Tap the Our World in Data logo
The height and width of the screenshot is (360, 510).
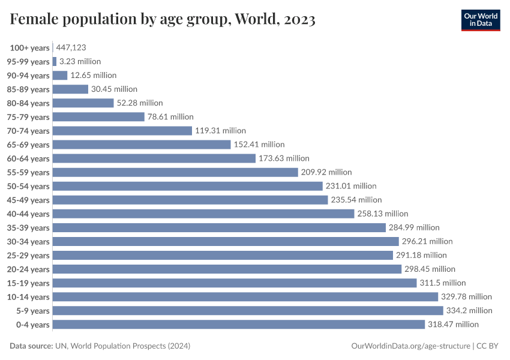pos(480,20)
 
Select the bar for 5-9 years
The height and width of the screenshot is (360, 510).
pos(248,310)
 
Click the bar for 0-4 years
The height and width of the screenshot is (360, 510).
pos(239,324)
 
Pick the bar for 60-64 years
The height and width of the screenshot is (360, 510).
pos(154,158)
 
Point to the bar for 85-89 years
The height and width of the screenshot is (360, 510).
pos(70,89)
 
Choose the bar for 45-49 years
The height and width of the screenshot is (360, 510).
pos(190,200)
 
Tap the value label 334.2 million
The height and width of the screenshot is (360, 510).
pos(469,310)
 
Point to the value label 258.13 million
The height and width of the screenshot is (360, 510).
pos(383,214)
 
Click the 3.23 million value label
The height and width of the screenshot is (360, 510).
pos(80,61)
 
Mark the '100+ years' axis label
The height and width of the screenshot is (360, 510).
pos(29,47)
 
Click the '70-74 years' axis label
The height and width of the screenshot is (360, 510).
pos(28,131)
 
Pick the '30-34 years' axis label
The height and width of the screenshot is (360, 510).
pos(28,241)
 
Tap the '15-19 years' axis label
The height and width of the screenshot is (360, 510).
pos(28,283)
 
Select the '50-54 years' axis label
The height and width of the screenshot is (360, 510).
pos(28,186)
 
